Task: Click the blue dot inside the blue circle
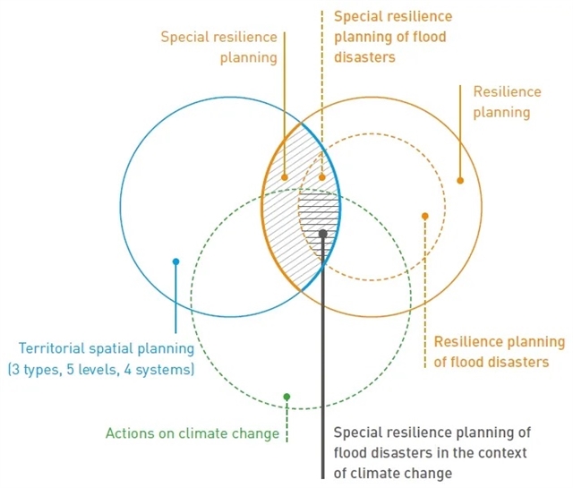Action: pos(176,261)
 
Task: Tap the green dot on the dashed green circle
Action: pos(286,396)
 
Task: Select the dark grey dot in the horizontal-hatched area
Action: pos(323,233)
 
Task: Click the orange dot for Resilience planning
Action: pos(460,180)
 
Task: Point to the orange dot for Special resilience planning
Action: pos(285,176)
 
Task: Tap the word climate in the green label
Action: pos(199,433)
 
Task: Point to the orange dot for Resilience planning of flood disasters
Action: pos(424,216)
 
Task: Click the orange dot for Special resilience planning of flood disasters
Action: pos(323,176)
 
